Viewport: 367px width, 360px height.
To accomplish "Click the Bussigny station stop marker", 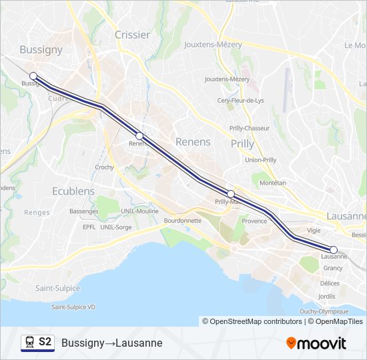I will point(33,76).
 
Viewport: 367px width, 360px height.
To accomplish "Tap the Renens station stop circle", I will point(139,135).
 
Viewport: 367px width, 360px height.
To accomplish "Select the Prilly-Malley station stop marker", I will point(231,194).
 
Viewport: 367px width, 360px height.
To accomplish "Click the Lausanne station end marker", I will point(334,250).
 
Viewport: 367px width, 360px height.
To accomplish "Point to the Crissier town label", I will point(132,35).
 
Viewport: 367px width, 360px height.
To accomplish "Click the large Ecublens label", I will point(73,191).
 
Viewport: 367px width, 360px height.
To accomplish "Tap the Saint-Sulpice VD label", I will point(74,307).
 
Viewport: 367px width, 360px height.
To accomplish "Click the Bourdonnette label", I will point(182,220).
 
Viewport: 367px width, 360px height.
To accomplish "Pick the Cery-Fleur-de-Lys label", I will point(241,100).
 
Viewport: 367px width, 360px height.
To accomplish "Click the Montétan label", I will point(272,183).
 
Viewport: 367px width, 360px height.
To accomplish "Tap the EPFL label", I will point(89,227).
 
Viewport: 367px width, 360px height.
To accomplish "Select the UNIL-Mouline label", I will point(138,211).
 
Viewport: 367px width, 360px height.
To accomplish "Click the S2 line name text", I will point(45,342).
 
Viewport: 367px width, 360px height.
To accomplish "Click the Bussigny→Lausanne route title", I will point(111,343).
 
